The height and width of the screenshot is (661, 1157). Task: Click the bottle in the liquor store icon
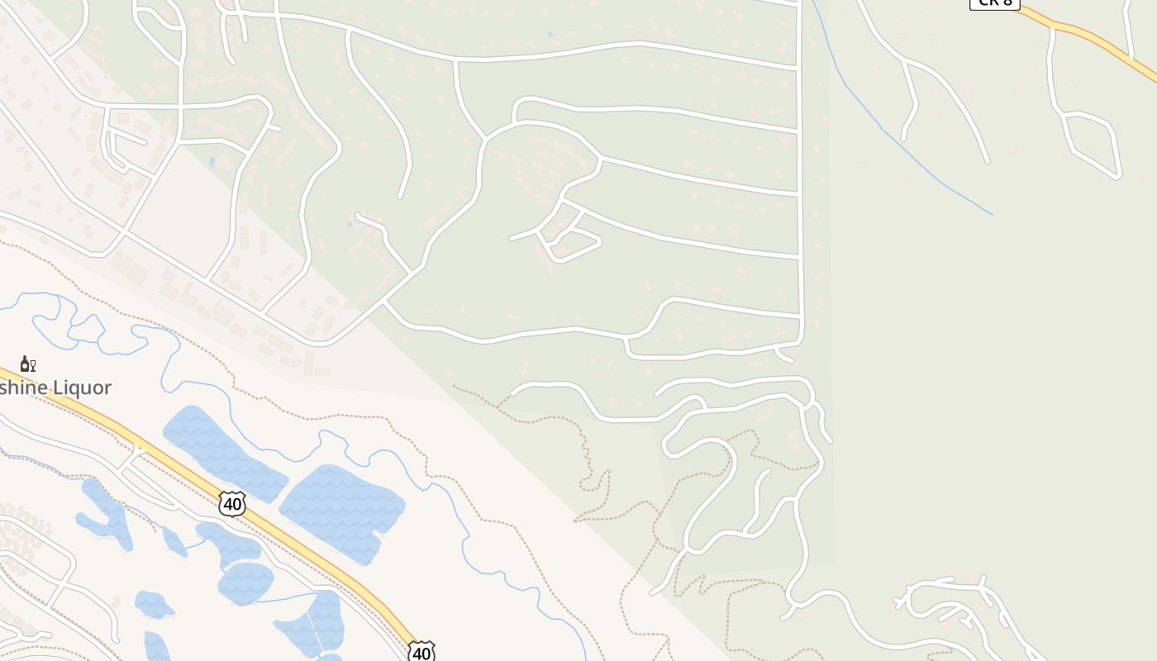[x=25, y=364]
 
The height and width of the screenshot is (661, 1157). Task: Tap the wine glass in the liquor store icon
[x=33, y=364]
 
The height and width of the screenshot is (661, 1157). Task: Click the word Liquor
[x=80, y=388]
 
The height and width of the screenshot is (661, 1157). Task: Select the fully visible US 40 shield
[x=232, y=503]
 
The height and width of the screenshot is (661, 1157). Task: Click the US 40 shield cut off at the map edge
[x=421, y=652]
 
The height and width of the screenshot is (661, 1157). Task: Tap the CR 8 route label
[x=994, y=3]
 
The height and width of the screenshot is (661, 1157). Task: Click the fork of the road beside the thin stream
[x=908, y=62]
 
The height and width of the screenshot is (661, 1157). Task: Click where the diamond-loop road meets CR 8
[x=1054, y=28]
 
